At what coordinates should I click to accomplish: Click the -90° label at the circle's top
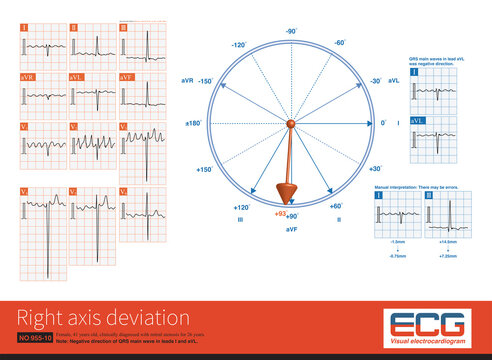[291, 32]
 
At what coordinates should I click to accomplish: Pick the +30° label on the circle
[375, 169]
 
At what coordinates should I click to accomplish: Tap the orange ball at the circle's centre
[291, 123]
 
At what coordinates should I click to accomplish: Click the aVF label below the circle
[291, 229]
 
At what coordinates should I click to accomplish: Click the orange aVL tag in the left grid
[77, 77]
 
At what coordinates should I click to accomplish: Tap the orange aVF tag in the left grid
[127, 77]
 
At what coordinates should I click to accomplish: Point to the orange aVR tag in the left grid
[26, 77]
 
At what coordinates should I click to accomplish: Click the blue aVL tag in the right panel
[418, 120]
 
